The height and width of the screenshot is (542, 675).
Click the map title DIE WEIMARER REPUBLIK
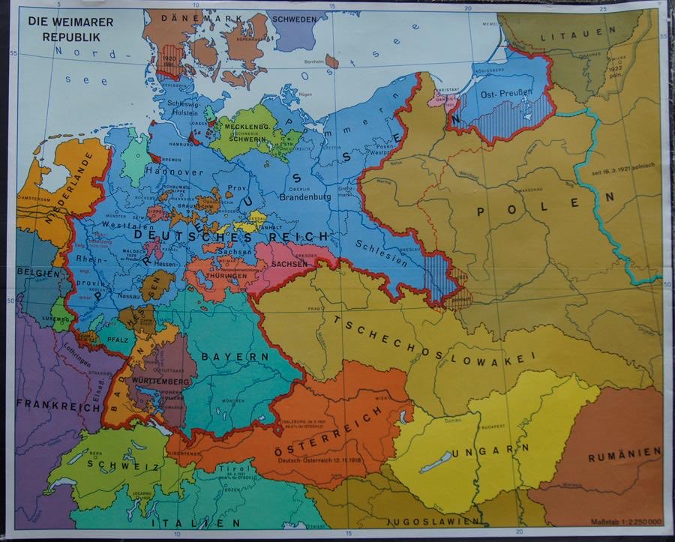pyautogui.click(x=70, y=28)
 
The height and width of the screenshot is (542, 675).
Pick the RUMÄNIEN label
pyautogui.click(x=624, y=454)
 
